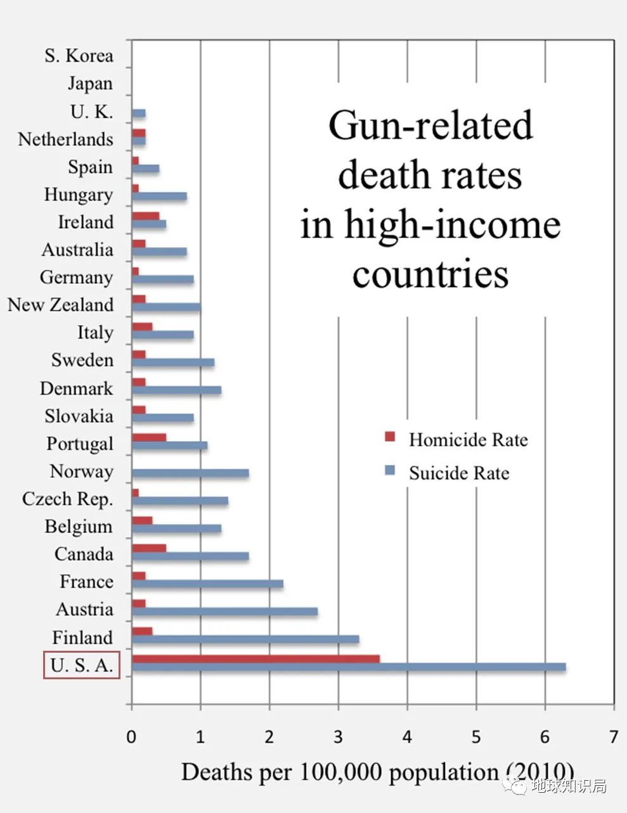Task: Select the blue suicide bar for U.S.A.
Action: pyautogui.click(x=349, y=667)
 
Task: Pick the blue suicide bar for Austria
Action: pyautogui.click(x=224, y=611)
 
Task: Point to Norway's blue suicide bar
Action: pyautogui.click(x=190, y=473)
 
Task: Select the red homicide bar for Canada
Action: pyautogui.click(x=149, y=547)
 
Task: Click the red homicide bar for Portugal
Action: pyautogui.click(x=149, y=437)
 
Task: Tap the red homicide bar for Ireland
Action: pyautogui.click(x=145, y=216)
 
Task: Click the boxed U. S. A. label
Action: pyautogui.click(x=82, y=665)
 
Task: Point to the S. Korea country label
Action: pyautogui.click(x=79, y=56)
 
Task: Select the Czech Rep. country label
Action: pyautogui.click(x=67, y=499)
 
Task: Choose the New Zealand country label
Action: pyautogui.click(x=60, y=305)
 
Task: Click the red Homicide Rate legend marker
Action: pyautogui.click(x=390, y=437)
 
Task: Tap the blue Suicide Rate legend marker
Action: pyautogui.click(x=390, y=471)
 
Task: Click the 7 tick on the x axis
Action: pyautogui.click(x=613, y=737)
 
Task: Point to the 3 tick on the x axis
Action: pyautogui.click(x=338, y=737)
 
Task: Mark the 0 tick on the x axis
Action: pyautogui.click(x=131, y=737)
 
